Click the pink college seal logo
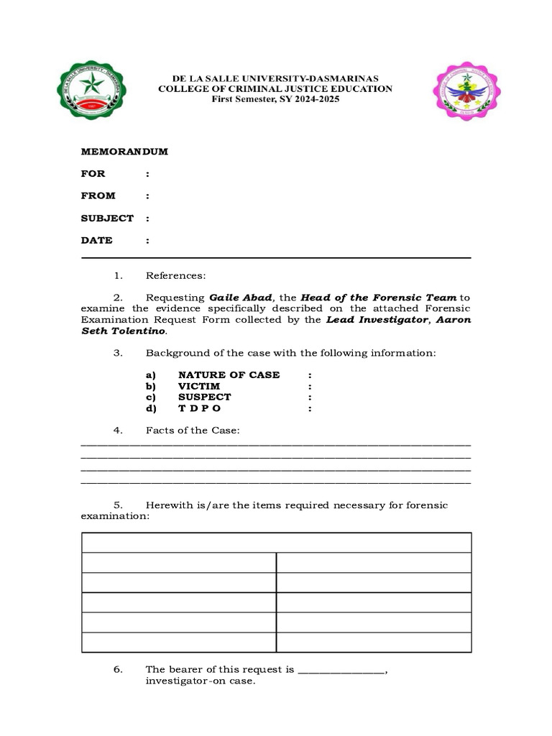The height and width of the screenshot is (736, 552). click(x=466, y=91)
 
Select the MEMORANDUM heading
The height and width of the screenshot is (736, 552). click(x=124, y=152)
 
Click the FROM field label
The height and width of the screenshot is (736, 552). click(x=98, y=195)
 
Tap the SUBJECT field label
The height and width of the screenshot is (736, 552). click(x=107, y=218)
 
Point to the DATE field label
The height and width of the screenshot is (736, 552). click(x=97, y=240)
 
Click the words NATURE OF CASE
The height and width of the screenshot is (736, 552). click(x=229, y=375)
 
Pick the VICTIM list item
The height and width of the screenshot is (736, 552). click(x=199, y=386)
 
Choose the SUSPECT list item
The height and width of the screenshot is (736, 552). click(x=205, y=397)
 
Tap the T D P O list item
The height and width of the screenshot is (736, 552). click(x=200, y=408)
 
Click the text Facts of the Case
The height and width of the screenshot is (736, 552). click(x=192, y=430)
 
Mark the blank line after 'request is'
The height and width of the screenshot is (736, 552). click(x=341, y=670)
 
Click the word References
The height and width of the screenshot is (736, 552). click(x=176, y=275)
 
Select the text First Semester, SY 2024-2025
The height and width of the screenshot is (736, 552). click(x=275, y=99)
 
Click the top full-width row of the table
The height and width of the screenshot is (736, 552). click(x=277, y=543)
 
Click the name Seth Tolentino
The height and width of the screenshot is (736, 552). click(x=123, y=331)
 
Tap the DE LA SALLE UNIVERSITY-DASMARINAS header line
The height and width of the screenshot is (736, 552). click(x=275, y=78)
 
